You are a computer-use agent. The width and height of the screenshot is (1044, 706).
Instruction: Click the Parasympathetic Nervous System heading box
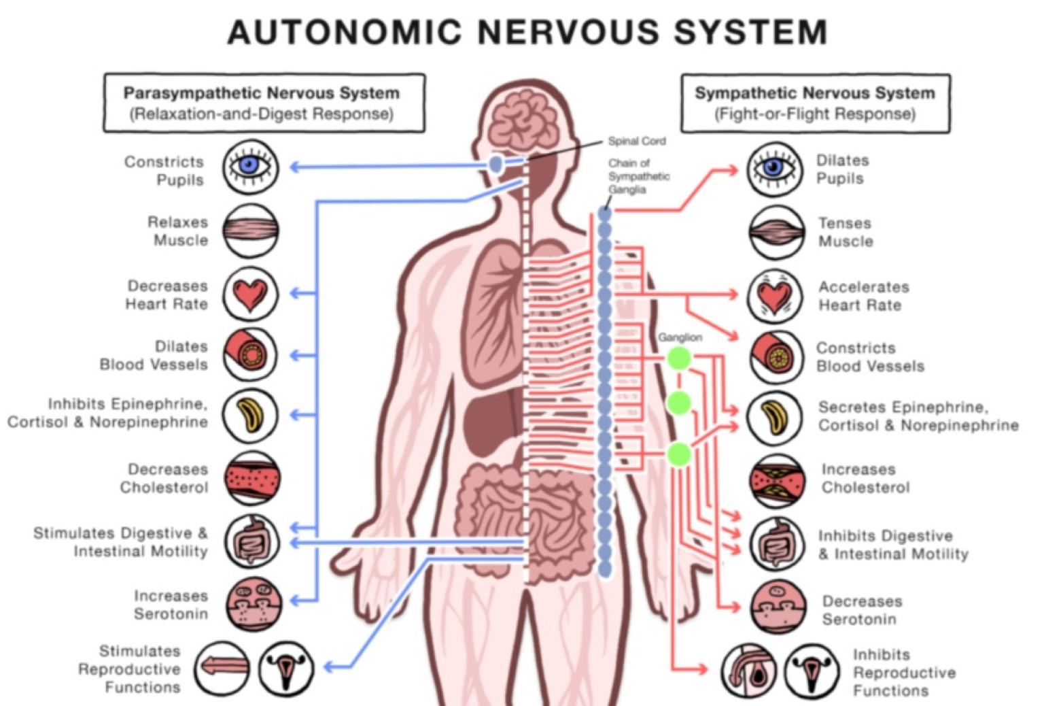264,103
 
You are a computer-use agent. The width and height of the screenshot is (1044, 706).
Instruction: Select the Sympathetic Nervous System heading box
816,103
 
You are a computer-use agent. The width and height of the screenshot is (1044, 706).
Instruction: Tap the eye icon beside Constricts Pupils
250,167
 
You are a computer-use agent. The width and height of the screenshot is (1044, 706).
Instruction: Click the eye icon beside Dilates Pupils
776,169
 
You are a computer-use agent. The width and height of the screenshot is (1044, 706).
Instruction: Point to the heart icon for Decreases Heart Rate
250,295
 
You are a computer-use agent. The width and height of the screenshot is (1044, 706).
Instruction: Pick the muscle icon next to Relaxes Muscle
251,231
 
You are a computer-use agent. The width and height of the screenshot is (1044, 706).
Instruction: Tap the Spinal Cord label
637,141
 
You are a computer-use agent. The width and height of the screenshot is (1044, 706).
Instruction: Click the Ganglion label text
680,337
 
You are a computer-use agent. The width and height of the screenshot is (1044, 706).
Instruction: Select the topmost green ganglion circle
678,358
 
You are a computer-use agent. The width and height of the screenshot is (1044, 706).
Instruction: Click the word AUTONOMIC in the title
345,32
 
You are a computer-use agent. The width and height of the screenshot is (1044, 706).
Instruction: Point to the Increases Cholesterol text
865,478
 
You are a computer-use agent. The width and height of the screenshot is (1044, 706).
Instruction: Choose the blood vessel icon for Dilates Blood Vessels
251,354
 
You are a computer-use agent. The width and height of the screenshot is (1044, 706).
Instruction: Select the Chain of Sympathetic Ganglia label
639,176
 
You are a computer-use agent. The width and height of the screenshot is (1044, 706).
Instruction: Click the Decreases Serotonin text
863,610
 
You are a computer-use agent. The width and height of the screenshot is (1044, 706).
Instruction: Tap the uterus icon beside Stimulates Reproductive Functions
286,668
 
